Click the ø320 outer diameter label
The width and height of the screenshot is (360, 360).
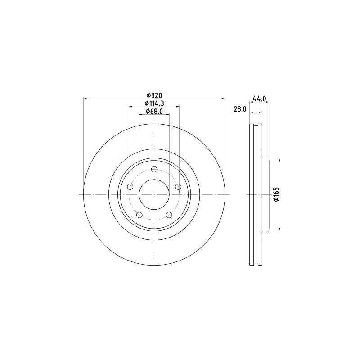pyautogui.click(x=154, y=95)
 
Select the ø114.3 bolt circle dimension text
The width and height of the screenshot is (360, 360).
pyautogui.click(x=154, y=103)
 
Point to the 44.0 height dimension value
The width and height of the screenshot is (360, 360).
pyautogui.click(x=260, y=99)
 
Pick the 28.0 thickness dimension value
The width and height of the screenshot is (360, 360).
pyautogui.click(x=239, y=109)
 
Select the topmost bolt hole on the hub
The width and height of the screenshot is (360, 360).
pyautogui.click(x=154, y=169)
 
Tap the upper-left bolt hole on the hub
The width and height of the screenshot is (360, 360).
pyautogui.click(x=130, y=187)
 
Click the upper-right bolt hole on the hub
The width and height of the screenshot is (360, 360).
pyautogui.click(x=178, y=187)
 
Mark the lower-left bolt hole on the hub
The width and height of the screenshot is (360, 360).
pyautogui.click(x=139, y=215)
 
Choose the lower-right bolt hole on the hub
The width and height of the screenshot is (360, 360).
pyautogui.click(x=169, y=215)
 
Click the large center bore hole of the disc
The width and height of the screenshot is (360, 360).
pyautogui.click(x=154, y=194)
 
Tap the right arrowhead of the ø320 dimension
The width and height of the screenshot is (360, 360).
pyautogui.click(x=222, y=99)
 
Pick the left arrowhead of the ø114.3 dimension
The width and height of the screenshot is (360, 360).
pyautogui.click(x=131, y=107)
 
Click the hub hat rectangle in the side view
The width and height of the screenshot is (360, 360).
pyautogui.click(x=265, y=194)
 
